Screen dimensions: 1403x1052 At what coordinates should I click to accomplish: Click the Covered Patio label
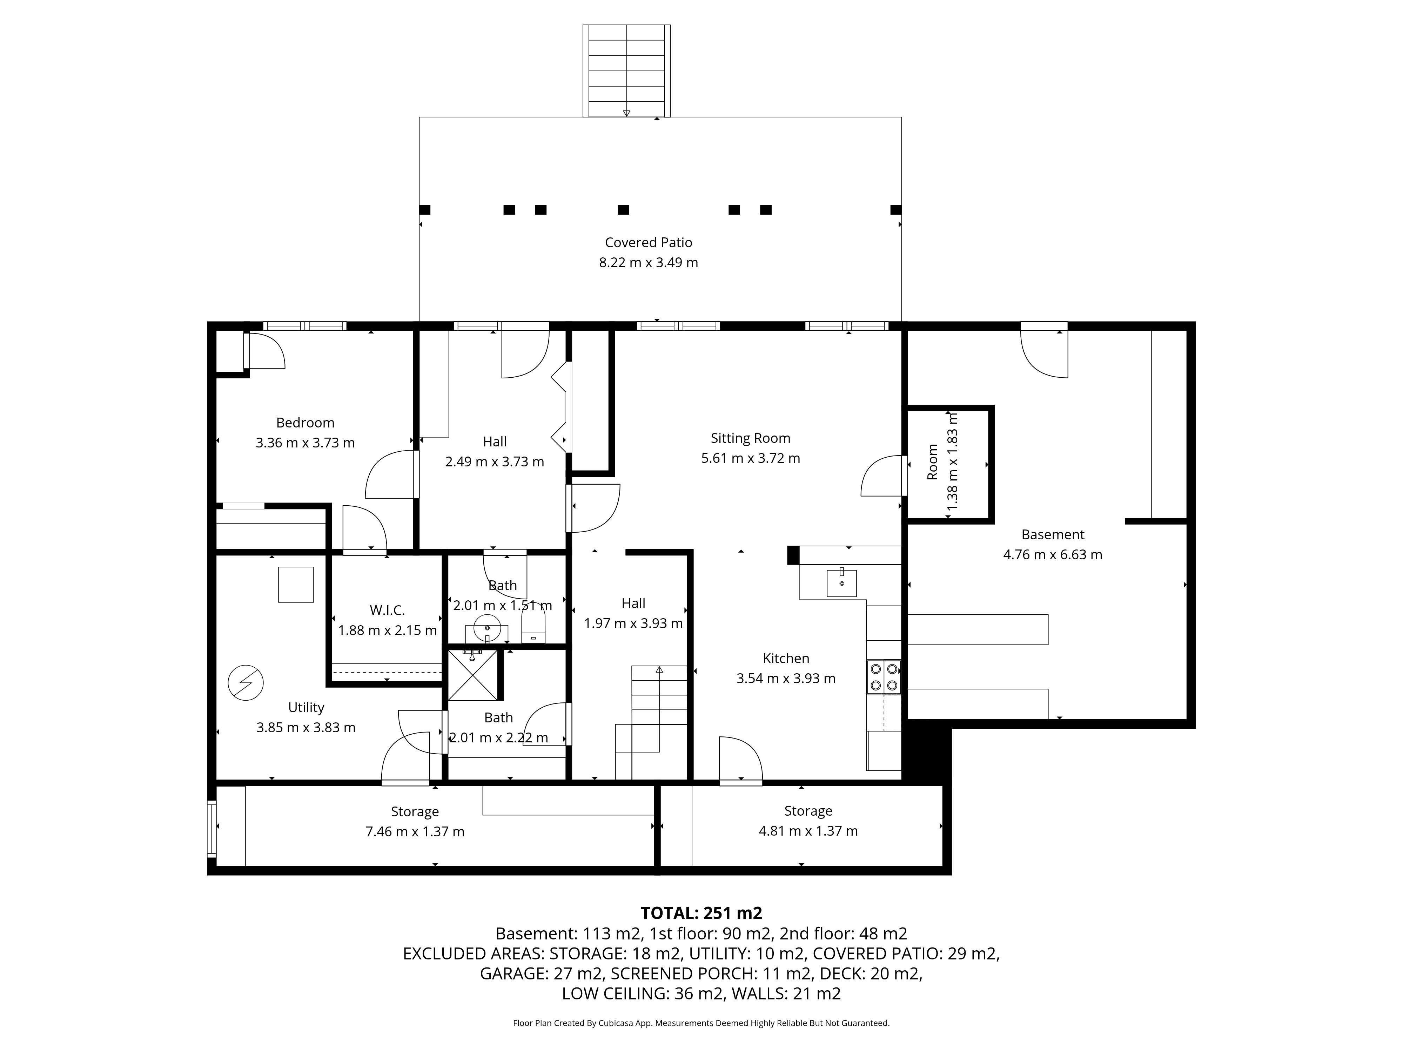click(x=648, y=242)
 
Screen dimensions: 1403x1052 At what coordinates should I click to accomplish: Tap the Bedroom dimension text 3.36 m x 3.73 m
click(x=305, y=443)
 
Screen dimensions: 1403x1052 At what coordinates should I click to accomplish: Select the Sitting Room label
click(x=750, y=438)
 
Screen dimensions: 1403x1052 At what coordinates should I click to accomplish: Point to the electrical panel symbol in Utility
click(x=246, y=682)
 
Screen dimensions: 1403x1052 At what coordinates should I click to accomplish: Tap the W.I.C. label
click(x=387, y=610)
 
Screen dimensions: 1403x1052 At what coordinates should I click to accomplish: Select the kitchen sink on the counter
click(x=842, y=583)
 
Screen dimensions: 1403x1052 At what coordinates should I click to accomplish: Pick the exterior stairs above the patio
click(x=627, y=71)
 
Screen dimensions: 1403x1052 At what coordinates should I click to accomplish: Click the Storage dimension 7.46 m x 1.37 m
click(x=415, y=831)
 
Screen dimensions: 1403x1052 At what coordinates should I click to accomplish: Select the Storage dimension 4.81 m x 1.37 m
click(x=808, y=831)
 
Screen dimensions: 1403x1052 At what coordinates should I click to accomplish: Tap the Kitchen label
click(x=786, y=658)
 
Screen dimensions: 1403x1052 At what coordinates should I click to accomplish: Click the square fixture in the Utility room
click(x=296, y=585)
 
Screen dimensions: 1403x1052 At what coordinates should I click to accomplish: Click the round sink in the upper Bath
click(x=487, y=627)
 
